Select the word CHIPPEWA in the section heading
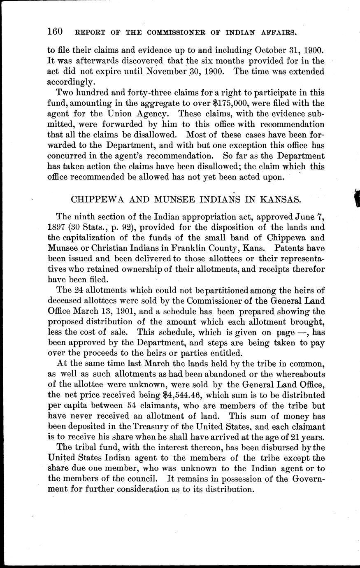click(92, 200)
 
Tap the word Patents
click(281, 249)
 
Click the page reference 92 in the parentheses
click(123, 227)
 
